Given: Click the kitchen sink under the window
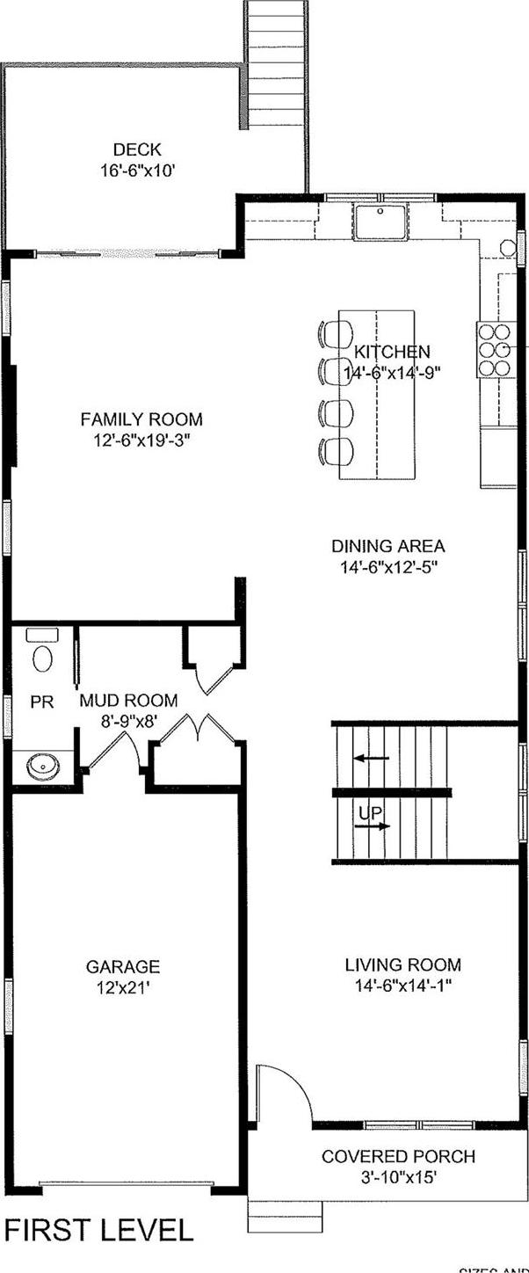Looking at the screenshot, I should pos(381,220).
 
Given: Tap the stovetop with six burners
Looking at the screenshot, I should pos(495,348).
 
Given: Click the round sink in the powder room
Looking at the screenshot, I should pos(43,767).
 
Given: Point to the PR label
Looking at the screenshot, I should pos(40,702).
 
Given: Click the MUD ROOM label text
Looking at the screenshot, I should pos(128,701).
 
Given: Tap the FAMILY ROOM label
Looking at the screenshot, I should pos(141,419).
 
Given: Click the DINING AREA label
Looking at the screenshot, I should pos(388,546).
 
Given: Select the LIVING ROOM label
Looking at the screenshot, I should pos(402,964).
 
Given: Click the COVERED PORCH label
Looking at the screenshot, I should pos(398,1156).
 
